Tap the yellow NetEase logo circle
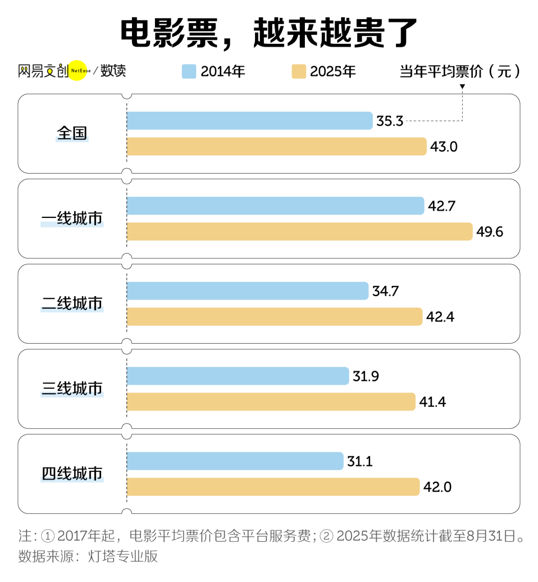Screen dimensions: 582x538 (x=78, y=70)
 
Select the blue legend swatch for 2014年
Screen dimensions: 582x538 (x=189, y=71)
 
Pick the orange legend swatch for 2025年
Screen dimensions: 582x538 (x=298, y=71)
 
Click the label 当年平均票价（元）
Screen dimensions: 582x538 (x=459, y=71)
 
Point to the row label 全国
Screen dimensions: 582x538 (x=72, y=133)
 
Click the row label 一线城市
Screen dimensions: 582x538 (x=72, y=218)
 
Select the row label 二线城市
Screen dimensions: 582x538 (x=72, y=303)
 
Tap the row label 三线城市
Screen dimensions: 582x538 (x=72, y=388)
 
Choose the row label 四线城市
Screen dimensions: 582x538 (x=72, y=473)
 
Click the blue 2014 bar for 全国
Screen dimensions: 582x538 (x=249, y=121)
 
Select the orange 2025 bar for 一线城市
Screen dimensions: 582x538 (x=299, y=231)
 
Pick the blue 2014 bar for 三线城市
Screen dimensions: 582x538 (x=238, y=376)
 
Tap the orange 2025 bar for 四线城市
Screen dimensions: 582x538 (x=273, y=487)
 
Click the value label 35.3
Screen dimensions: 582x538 (x=390, y=121)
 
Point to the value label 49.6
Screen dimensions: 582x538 (x=489, y=232)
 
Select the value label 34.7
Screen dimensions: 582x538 (x=385, y=291)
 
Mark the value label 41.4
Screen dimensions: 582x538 (x=432, y=402)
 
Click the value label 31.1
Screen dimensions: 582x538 (x=360, y=461)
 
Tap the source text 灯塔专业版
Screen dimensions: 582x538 (x=123, y=556)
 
